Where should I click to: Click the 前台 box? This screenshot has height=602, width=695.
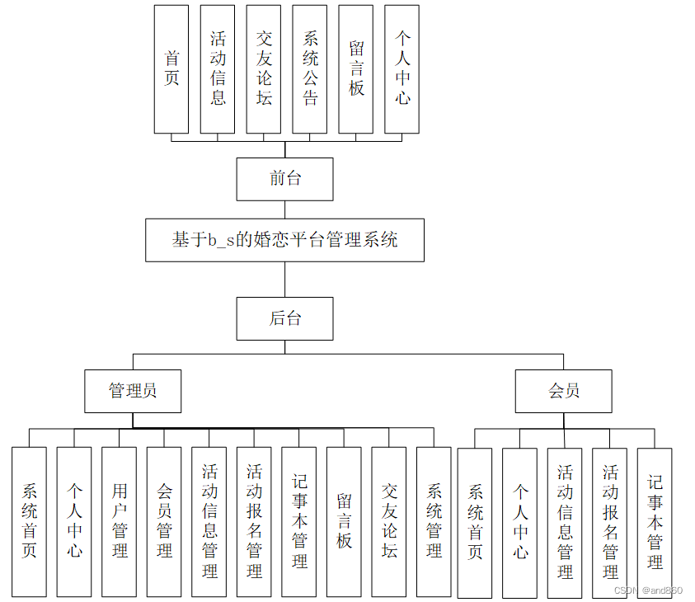click(284, 179)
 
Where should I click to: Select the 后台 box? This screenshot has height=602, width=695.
click(284, 318)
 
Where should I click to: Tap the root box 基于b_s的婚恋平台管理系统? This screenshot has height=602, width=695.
click(284, 240)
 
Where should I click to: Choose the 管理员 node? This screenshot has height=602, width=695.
click(133, 391)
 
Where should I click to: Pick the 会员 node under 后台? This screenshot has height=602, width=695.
click(563, 391)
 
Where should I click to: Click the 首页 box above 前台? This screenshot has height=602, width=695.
click(171, 69)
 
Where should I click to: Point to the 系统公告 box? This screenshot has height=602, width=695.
click(310, 69)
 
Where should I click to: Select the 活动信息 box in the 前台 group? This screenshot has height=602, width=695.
click(218, 69)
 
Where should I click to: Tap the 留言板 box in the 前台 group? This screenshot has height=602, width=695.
click(356, 69)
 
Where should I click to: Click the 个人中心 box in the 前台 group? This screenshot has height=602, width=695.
click(402, 69)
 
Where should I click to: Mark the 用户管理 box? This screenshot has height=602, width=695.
click(119, 522)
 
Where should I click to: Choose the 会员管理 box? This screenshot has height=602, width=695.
click(164, 522)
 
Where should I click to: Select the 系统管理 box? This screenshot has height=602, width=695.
click(434, 522)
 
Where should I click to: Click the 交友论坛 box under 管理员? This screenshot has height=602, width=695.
click(389, 522)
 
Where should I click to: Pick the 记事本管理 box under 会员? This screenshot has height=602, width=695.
click(655, 523)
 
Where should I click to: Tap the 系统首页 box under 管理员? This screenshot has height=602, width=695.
click(29, 522)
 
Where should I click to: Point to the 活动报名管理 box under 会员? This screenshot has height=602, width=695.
click(609, 523)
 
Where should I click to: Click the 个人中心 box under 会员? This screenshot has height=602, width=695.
click(519, 523)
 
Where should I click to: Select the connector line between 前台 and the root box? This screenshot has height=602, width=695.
click(285, 209)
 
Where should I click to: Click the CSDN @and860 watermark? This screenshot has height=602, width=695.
click(650, 590)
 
